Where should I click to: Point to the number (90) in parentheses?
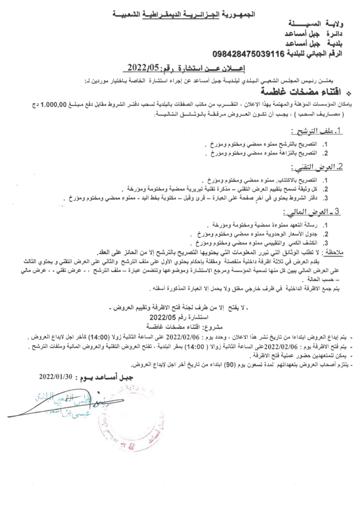point(214,366)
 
